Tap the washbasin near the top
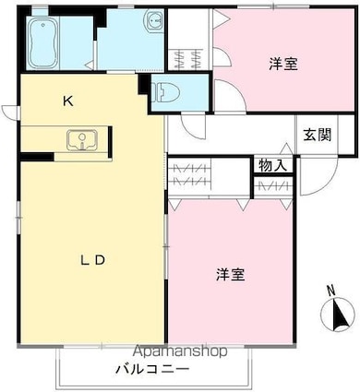point(153,21)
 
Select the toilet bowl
point(167,91)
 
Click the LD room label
point(91,260)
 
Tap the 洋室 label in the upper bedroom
point(283,64)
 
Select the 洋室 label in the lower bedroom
point(231,274)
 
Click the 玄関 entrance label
point(315,135)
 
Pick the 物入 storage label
point(272,165)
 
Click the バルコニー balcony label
point(152,369)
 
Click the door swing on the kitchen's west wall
point(10,113)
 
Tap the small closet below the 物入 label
point(272,185)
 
